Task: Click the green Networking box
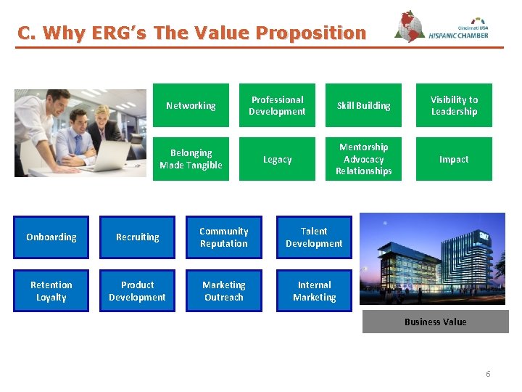(x=191, y=105)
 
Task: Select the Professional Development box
(x=277, y=105)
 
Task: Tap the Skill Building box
(x=363, y=105)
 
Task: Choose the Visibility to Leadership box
(x=454, y=105)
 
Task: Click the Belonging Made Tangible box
(x=191, y=159)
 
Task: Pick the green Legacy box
(x=277, y=159)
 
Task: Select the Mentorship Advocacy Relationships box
(x=363, y=159)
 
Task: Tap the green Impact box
(x=454, y=159)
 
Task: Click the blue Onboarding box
(x=51, y=237)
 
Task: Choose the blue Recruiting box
(x=138, y=237)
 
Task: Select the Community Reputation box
(x=223, y=237)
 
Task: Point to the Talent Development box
(x=314, y=237)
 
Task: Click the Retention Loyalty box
(x=51, y=291)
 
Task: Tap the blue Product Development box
(x=138, y=291)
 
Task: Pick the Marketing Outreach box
(x=223, y=291)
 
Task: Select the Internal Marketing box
(x=314, y=291)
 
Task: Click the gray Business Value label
(x=435, y=322)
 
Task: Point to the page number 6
(x=488, y=374)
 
